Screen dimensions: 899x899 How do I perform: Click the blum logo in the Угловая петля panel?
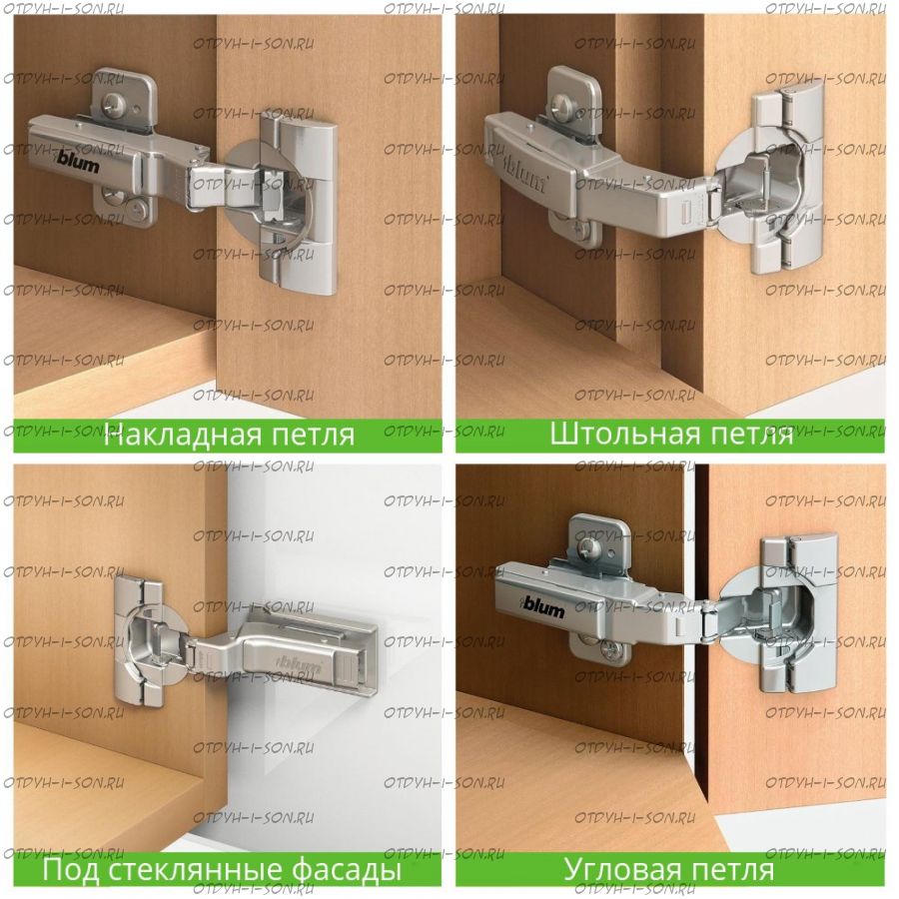tap(543, 605)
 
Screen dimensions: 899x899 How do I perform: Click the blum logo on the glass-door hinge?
tap(300, 663)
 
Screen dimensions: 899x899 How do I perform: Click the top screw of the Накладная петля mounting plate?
tap(110, 104)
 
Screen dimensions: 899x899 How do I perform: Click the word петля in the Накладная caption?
tap(313, 435)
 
